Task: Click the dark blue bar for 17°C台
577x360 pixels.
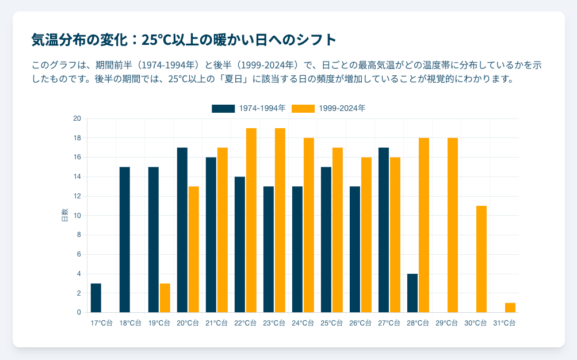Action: pos(96,298)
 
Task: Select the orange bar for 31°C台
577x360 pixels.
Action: pos(510,308)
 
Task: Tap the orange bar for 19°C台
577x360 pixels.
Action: pos(165,298)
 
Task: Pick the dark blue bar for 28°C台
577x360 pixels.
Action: pos(412,293)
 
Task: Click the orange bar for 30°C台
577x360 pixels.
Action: pos(482,259)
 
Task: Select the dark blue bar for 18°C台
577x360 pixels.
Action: pos(125,240)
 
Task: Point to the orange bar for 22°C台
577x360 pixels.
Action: pos(251,220)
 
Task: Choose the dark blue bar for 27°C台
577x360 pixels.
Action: pos(384,230)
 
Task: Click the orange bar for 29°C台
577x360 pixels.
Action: pos(453,225)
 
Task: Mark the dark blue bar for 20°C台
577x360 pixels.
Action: pos(182,230)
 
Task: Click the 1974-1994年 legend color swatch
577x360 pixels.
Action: pos(223,108)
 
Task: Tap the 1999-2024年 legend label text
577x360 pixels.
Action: pos(342,108)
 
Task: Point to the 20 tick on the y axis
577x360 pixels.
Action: pos(77,118)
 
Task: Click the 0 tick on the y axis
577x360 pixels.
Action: pos(79,312)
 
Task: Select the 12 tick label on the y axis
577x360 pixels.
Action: pos(77,196)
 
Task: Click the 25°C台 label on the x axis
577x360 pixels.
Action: pos(331,323)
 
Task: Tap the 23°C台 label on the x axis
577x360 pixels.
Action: pos(274,323)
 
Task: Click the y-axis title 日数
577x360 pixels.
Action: pos(64,216)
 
